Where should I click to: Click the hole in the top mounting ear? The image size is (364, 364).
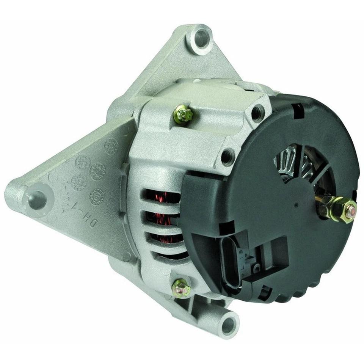[201, 38]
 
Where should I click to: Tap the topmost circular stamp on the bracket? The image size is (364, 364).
[111, 146]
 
